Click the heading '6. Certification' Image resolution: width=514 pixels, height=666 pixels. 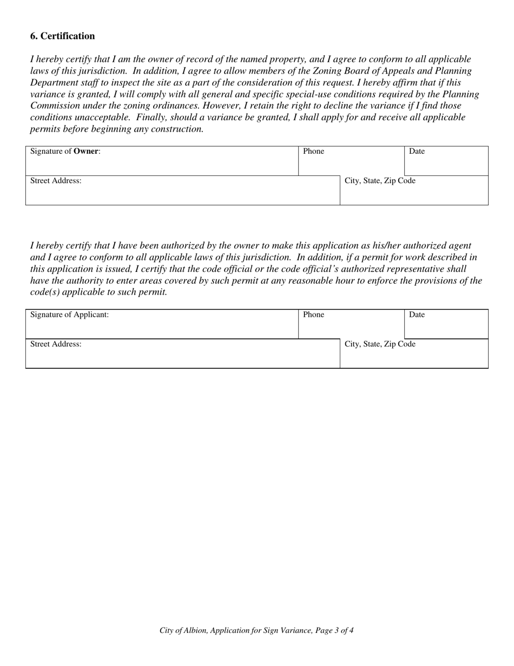point(62,36)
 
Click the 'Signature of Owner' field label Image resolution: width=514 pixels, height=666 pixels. point(65,152)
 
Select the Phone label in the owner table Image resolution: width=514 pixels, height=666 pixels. point(313,152)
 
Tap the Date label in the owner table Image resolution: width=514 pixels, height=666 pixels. point(417,152)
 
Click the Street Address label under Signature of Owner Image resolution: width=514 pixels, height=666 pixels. point(56,181)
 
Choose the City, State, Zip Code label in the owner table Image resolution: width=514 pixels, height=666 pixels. point(380,181)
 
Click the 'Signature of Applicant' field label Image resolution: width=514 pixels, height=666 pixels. point(69,315)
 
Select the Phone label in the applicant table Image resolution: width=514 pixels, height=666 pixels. point(313,315)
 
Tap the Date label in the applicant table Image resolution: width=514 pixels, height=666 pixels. point(417,315)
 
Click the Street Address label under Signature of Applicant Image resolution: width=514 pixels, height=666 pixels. point(56,344)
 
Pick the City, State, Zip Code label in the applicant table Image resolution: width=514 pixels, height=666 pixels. point(380,344)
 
